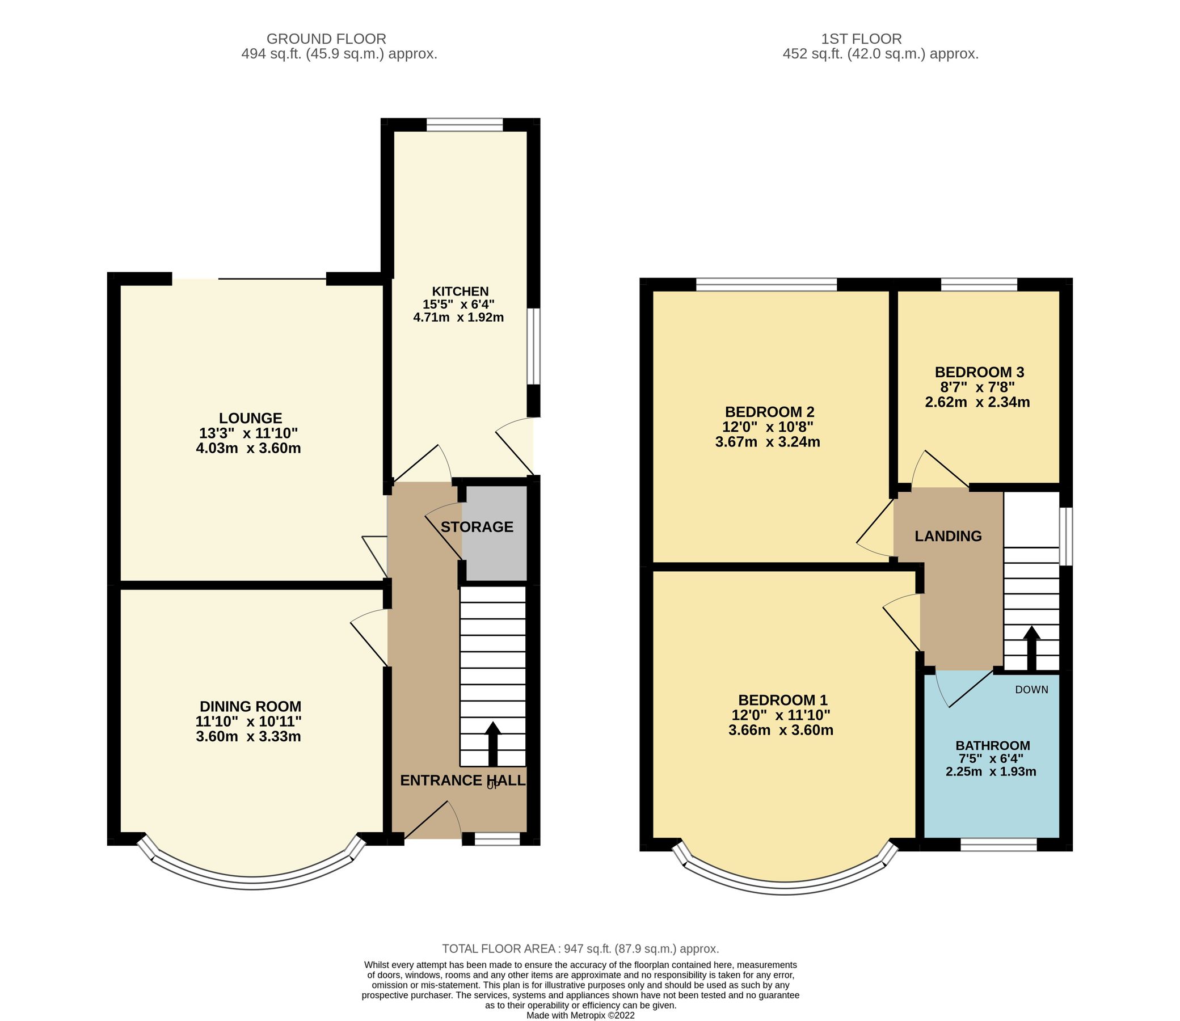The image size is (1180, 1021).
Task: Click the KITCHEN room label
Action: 460,291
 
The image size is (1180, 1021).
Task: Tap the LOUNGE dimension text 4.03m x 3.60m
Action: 248,449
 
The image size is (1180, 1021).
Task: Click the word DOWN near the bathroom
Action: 1031,689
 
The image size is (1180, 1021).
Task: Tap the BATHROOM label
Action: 993,745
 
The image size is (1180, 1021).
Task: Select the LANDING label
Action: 948,536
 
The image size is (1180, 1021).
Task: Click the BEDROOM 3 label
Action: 979,373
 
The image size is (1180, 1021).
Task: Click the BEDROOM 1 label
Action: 782,699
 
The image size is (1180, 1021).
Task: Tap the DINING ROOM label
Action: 250,707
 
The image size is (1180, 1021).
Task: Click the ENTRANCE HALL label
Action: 462,780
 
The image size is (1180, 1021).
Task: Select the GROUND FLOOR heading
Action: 326,39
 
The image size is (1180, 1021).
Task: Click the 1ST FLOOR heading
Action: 861,39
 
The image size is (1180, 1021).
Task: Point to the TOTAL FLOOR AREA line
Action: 580,948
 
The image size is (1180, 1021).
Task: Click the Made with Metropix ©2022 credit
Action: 580,1015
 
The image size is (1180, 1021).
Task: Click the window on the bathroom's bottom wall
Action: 998,844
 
